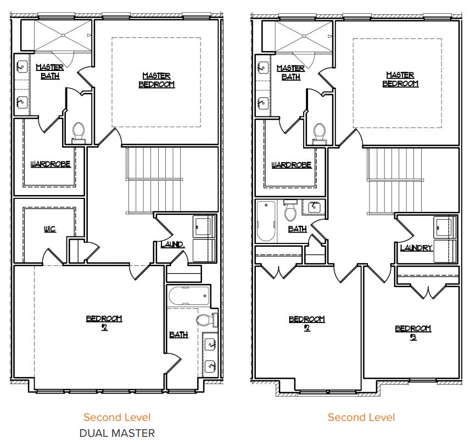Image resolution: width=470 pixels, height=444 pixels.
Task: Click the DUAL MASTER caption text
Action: tap(117, 433)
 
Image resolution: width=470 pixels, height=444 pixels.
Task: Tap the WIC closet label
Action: tap(50, 229)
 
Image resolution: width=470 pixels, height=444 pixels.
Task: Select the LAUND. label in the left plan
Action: tap(172, 245)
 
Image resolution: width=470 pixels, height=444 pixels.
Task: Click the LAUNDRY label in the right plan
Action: tap(416, 248)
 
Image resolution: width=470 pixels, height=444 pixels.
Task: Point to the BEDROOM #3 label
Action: tap(413, 332)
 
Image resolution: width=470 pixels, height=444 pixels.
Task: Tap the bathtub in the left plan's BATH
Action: tap(189, 296)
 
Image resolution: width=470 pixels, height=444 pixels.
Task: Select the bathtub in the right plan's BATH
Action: tap(266, 221)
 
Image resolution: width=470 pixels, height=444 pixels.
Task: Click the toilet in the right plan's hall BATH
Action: tap(290, 210)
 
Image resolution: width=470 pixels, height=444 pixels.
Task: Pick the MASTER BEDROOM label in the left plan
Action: tap(156, 80)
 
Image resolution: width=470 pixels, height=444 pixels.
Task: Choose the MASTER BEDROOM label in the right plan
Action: tap(400, 79)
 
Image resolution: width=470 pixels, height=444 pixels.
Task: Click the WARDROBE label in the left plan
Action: tap(51, 164)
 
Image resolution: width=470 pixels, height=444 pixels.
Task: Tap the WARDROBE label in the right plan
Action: tap(292, 165)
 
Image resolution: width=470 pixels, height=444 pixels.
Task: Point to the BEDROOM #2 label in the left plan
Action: tap(104, 323)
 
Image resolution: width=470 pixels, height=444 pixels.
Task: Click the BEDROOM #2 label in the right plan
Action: tap(306, 324)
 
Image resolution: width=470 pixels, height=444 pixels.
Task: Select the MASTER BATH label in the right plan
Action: tap(291, 73)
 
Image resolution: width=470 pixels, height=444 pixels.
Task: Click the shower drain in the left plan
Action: tap(63, 35)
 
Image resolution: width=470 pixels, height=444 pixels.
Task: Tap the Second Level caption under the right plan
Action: tap(361, 417)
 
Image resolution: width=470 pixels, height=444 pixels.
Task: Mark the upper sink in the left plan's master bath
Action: tap(22, 67)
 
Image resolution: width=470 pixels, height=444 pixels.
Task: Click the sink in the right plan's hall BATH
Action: tap(314, 207)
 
